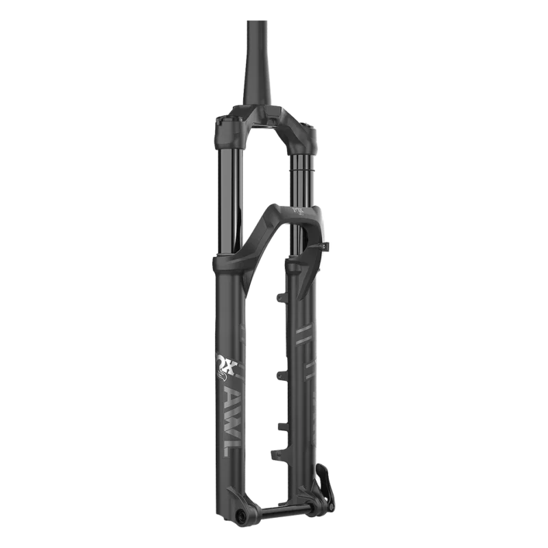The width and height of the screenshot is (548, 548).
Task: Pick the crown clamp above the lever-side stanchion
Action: (x=301, y=134)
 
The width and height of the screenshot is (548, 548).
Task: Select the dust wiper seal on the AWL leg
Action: (x=228, y=262)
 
